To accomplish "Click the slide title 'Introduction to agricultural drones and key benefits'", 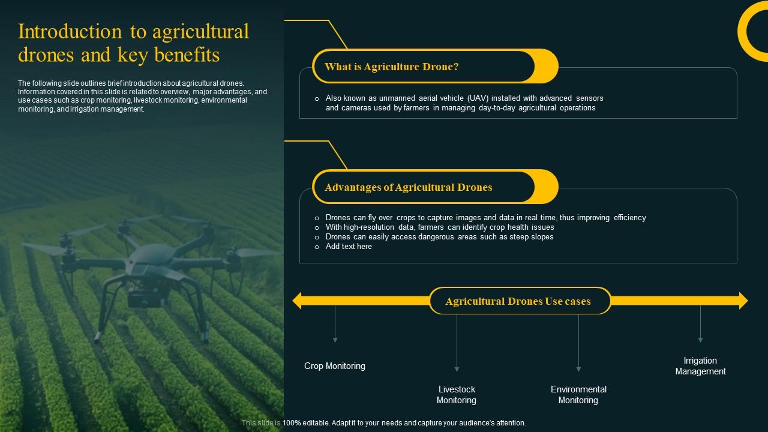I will pos(133,43).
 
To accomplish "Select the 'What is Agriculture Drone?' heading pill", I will pos(391,67).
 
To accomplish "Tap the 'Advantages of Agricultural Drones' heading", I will pos(408,187).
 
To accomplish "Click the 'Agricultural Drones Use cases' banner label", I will pos(518,301).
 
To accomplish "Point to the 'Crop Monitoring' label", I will pos(334,366).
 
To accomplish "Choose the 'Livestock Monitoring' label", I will pos(456,395).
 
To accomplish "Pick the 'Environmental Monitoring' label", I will pos(578,395).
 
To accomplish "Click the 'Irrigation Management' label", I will pos(700,366).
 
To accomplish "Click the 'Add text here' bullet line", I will pos(348,247).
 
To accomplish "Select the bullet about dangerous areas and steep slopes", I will pos(439,237).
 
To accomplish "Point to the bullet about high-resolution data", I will pos(439,227).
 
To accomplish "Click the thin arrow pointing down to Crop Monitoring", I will pos(335,324).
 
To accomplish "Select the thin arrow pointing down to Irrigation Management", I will pos(700,324).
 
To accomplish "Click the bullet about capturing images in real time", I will pos(485,218).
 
